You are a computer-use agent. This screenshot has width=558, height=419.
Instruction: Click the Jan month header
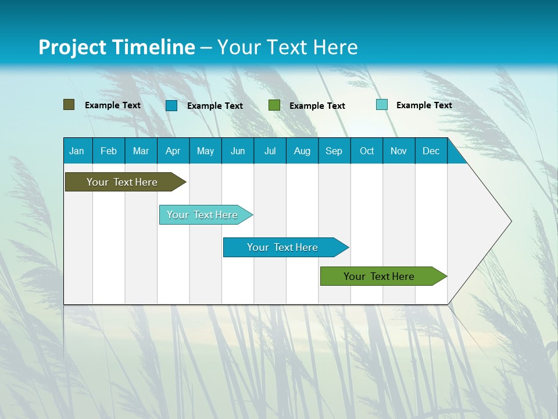coord(77,151)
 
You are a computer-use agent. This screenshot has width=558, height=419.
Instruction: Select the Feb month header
coord(109,151)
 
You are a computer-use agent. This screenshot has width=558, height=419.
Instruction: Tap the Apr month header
coord(173,151)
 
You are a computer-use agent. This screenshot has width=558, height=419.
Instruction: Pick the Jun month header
coord(238,151)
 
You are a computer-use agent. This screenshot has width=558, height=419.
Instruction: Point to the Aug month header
coord(302,151)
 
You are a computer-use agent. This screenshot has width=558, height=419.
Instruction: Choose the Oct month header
coord(367,151)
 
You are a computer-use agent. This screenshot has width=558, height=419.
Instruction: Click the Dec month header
coord(431,151)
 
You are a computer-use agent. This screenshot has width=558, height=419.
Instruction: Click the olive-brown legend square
coord(69,105)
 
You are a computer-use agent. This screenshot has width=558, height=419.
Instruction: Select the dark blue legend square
coord(171,105)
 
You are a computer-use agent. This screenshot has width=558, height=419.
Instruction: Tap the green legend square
coord(274,105)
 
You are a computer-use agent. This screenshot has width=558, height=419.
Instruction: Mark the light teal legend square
coord(382,105)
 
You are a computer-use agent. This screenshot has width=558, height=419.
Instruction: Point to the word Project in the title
coord(72,47)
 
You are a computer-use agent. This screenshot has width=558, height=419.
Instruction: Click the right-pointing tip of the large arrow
coord(510,221)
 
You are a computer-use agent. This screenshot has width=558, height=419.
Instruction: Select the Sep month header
coord(334,151)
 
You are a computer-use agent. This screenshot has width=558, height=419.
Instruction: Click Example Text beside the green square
coord(317,105)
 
